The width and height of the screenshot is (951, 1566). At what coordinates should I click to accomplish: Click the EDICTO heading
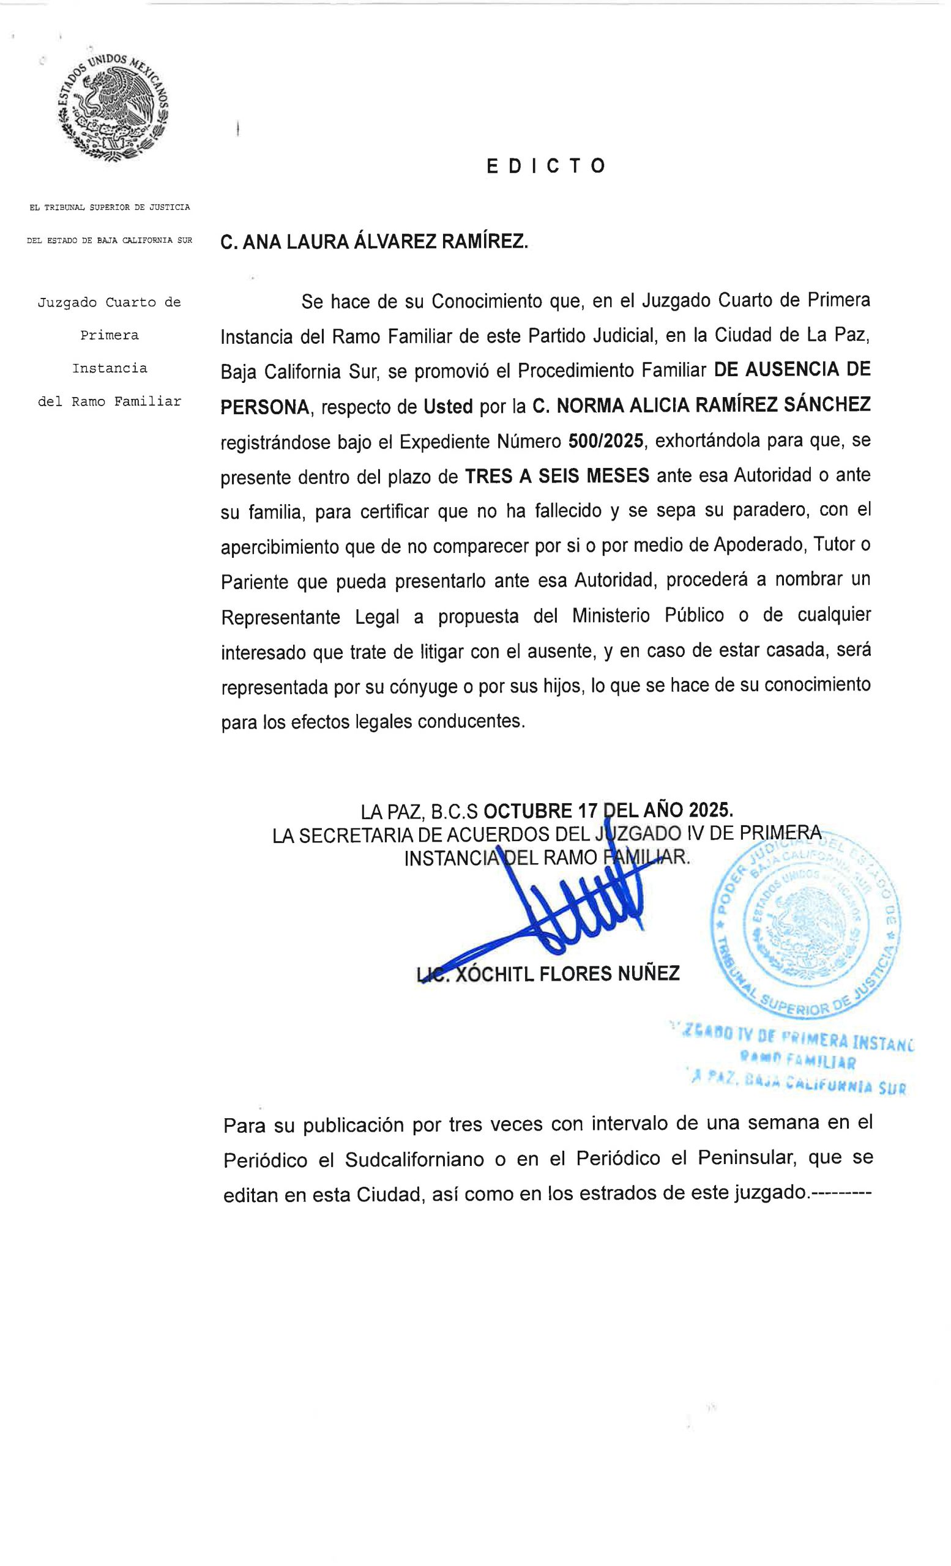coord(545,166)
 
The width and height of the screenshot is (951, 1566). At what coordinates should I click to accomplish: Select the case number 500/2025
coord(606,441)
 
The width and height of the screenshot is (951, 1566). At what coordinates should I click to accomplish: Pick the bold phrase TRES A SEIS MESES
coord(557,476)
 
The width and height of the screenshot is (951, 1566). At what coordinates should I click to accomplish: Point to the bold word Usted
coord(448,407)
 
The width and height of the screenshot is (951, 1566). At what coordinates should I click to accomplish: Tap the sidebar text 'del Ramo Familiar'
coord(110,402)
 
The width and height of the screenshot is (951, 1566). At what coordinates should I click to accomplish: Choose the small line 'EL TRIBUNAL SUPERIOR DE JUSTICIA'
coord(110,207)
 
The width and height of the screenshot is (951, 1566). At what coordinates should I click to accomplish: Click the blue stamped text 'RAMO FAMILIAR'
coord(797,1061)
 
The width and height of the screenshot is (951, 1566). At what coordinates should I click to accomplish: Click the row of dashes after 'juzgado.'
coord(840,1193)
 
